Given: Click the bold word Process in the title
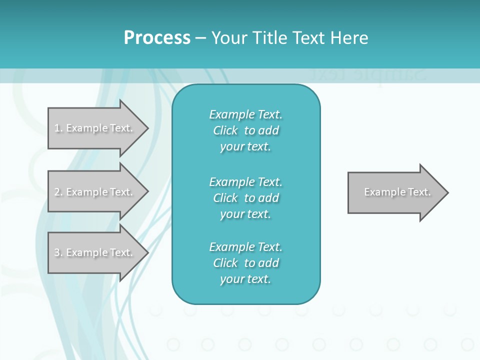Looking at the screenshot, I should (157, 38).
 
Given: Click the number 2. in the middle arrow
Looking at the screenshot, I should (58, 192).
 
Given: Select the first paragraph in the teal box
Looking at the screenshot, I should (245, 130).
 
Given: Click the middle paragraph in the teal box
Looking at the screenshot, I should (245, 198).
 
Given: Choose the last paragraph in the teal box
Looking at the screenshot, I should (245, 263).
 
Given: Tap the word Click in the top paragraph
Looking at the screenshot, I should (225, 130).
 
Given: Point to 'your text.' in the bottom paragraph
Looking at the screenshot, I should (245, 279).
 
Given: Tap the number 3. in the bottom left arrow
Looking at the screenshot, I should (58, 252).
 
